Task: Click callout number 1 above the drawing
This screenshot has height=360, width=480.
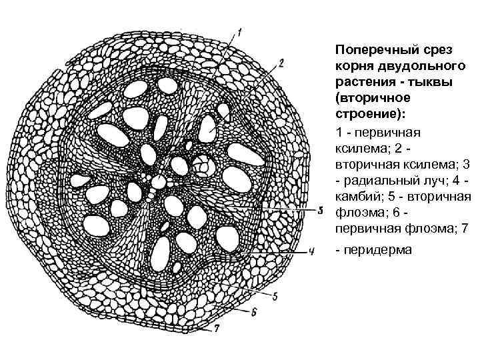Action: [240, 31]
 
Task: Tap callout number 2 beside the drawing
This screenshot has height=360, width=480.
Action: [282, 63]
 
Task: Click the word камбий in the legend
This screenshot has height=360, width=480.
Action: [359, 197]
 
